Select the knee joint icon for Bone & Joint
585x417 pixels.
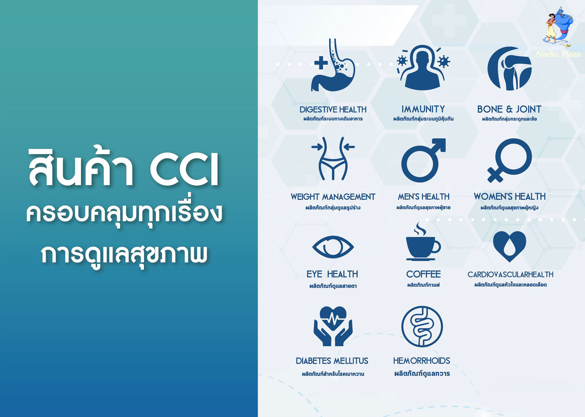point(509,68)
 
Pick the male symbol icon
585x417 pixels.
point(423,160)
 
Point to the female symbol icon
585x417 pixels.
point(509,160)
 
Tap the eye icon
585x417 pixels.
point(333,247)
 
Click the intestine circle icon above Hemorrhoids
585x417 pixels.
point(422,327)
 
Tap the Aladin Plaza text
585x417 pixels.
point(558,54)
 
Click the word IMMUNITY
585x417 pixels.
point(423,109)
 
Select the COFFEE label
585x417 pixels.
point(423,274)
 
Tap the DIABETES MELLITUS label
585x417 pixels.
point(332,361)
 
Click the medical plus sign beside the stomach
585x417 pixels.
point(321,63)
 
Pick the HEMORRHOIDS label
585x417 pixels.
point(422,361)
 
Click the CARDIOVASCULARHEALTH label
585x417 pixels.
point(510,274)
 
